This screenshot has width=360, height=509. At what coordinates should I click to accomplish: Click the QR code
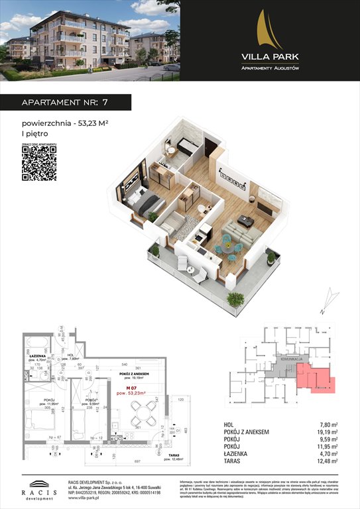coord(38,163)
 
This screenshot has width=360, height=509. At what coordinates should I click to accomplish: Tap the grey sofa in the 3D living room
coord(239,232)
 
